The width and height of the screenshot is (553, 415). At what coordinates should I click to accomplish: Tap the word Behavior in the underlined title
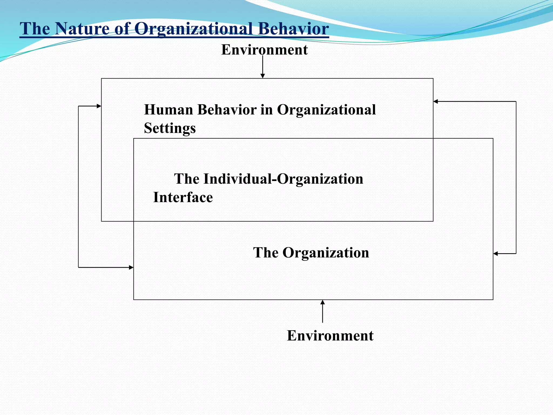pyautogui.click(x=293, y=29)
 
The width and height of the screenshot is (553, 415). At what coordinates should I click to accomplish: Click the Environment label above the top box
pyautogui.click(x=264, y=50)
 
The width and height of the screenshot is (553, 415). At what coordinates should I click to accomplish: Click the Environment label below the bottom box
pyautogui.click(x=330, y=336)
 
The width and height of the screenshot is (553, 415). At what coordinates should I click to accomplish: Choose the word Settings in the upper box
pyautogui.click(x=170, y=128)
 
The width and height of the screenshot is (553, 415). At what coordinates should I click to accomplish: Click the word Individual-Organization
pyautogui.click(x=283, y=179)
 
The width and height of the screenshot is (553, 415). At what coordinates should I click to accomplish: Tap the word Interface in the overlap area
pyautogui.click(x=183, y=197)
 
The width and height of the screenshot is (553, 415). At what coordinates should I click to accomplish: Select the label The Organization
pyautogui.click(x=311, y=253)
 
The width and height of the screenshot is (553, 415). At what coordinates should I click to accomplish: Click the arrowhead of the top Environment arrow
pyautogui.click(x=263, y=76)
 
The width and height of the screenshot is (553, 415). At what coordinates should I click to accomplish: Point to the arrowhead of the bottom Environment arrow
pyautogui.click(x=322, y=302)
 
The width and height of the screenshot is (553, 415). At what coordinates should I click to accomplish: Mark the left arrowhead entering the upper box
pyautogui.click(x=99, y=106)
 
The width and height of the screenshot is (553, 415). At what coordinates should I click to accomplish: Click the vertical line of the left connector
pyautogui.click(x=78, y=186)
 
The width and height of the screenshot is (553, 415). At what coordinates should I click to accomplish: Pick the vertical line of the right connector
pyautogui.click(x=516, y=178)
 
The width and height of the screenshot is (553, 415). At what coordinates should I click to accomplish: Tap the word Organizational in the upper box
pyautogui.click(x=326, y=110)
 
